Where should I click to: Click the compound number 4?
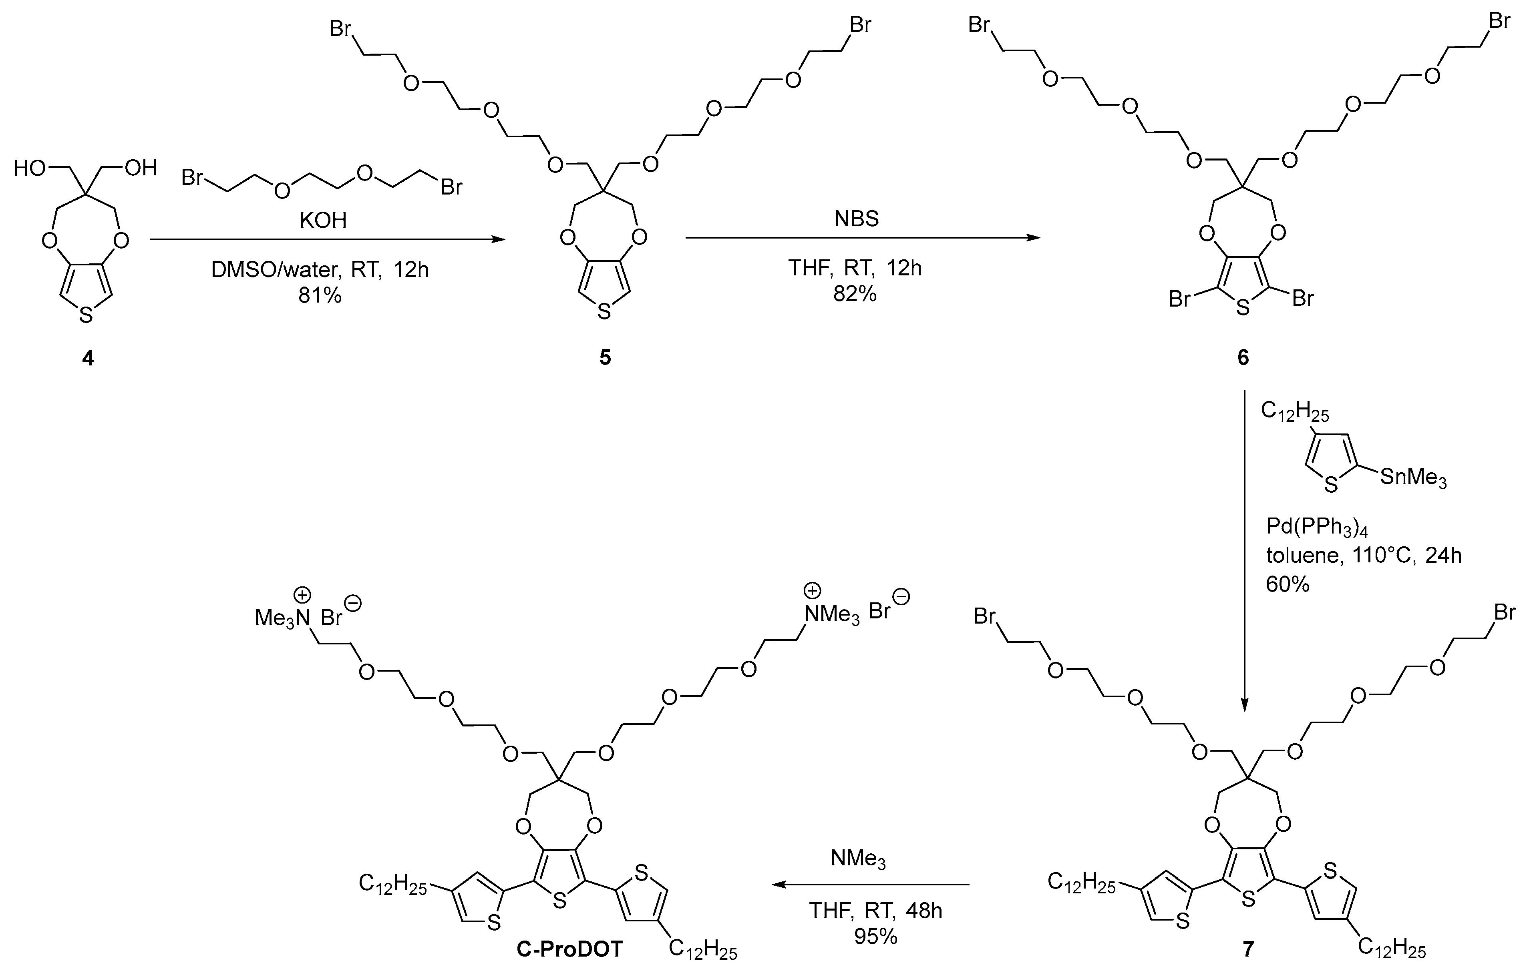point(88,359)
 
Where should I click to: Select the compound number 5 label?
point(605,357)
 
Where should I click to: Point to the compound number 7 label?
point(1248,949)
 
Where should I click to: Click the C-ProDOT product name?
point(570,949)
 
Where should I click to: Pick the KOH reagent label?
point(323,220)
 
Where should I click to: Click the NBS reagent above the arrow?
point(856,219)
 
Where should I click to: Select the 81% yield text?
point(320,295)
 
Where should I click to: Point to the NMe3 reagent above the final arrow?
point(858,859)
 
